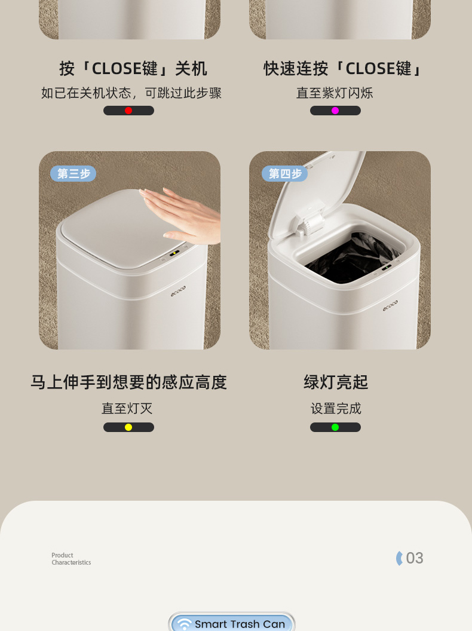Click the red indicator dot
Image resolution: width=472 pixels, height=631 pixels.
tap(128, 111)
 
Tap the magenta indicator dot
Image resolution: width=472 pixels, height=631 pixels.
tap(335, 111)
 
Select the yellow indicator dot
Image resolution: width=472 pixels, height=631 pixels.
tap(128, 427)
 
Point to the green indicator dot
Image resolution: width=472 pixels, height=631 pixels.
tap(335, 427)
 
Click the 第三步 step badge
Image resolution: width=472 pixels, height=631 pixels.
tap(73, 173)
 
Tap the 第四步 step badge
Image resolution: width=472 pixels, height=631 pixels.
tap(285, 173)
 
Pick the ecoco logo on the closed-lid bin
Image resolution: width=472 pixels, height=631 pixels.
tap(178, 292)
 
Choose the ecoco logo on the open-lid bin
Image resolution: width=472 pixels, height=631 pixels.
tap(390, 305)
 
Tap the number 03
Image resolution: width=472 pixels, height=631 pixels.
tap(415, 558)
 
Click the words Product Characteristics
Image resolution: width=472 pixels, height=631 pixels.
tap(71, 559)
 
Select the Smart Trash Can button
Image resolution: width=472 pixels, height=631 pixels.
tap(232, 622)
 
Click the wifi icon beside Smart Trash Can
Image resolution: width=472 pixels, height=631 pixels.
tap(184, 624)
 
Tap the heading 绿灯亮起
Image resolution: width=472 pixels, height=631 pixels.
tap(336, 382)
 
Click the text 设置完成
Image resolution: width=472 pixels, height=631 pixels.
tap(336, 409)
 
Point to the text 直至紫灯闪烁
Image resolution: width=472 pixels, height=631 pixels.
tap(335, 93)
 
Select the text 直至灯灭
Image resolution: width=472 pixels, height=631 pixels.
tap(127, 409)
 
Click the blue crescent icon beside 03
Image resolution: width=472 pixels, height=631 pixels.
tap(399, 558)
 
